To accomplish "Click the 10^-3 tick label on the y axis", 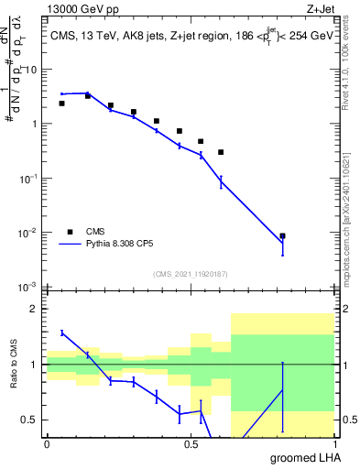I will point(27,288).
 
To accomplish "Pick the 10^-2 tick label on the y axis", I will point(27,234).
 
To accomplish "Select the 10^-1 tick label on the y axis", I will point(27,179).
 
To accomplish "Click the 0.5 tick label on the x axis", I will point(191,445).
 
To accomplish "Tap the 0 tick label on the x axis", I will point(47,445).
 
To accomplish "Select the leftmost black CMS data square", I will point(61,104).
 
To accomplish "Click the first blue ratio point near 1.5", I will point(62,333).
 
